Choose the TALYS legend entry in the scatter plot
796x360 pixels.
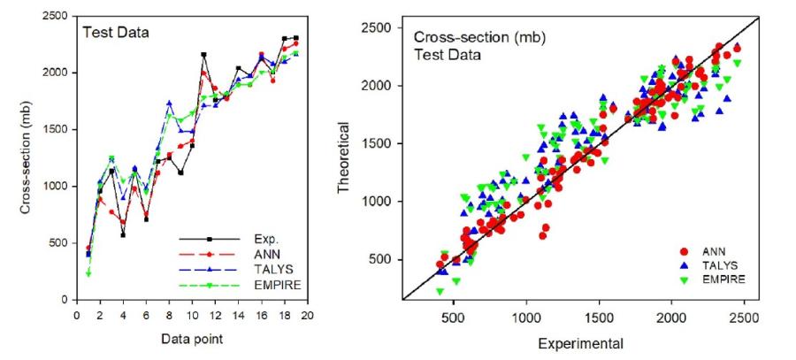717,264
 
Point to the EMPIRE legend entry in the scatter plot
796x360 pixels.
720,279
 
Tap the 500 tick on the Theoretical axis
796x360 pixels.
384,259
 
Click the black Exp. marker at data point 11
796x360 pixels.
203,55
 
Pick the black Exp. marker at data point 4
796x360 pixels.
123,234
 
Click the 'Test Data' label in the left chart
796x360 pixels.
116,34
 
